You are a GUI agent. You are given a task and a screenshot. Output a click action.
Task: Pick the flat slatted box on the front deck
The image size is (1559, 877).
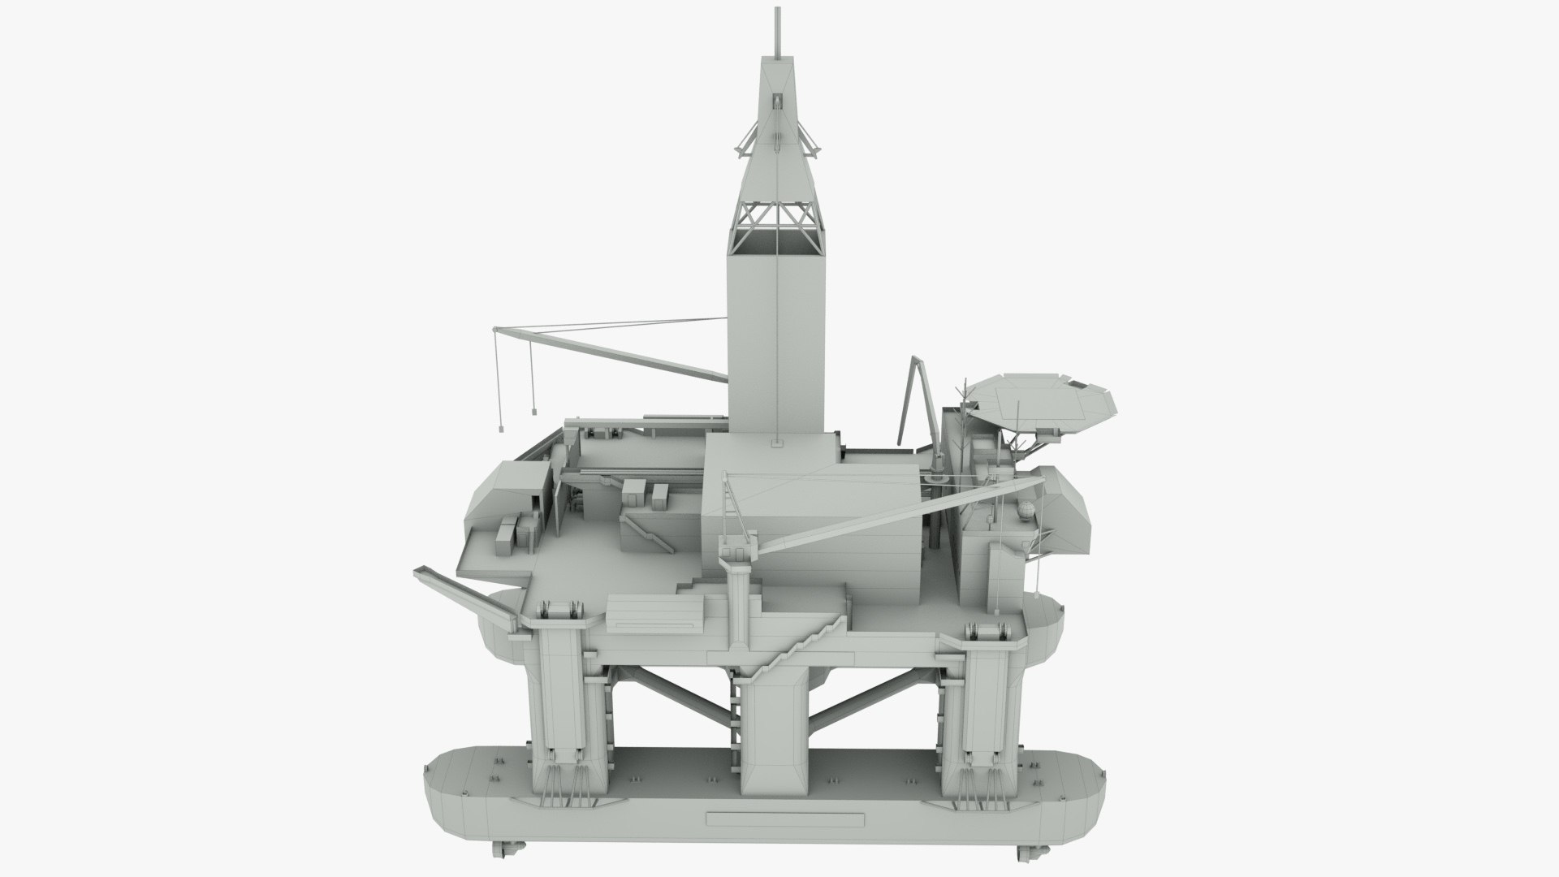[x=656, y=612]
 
